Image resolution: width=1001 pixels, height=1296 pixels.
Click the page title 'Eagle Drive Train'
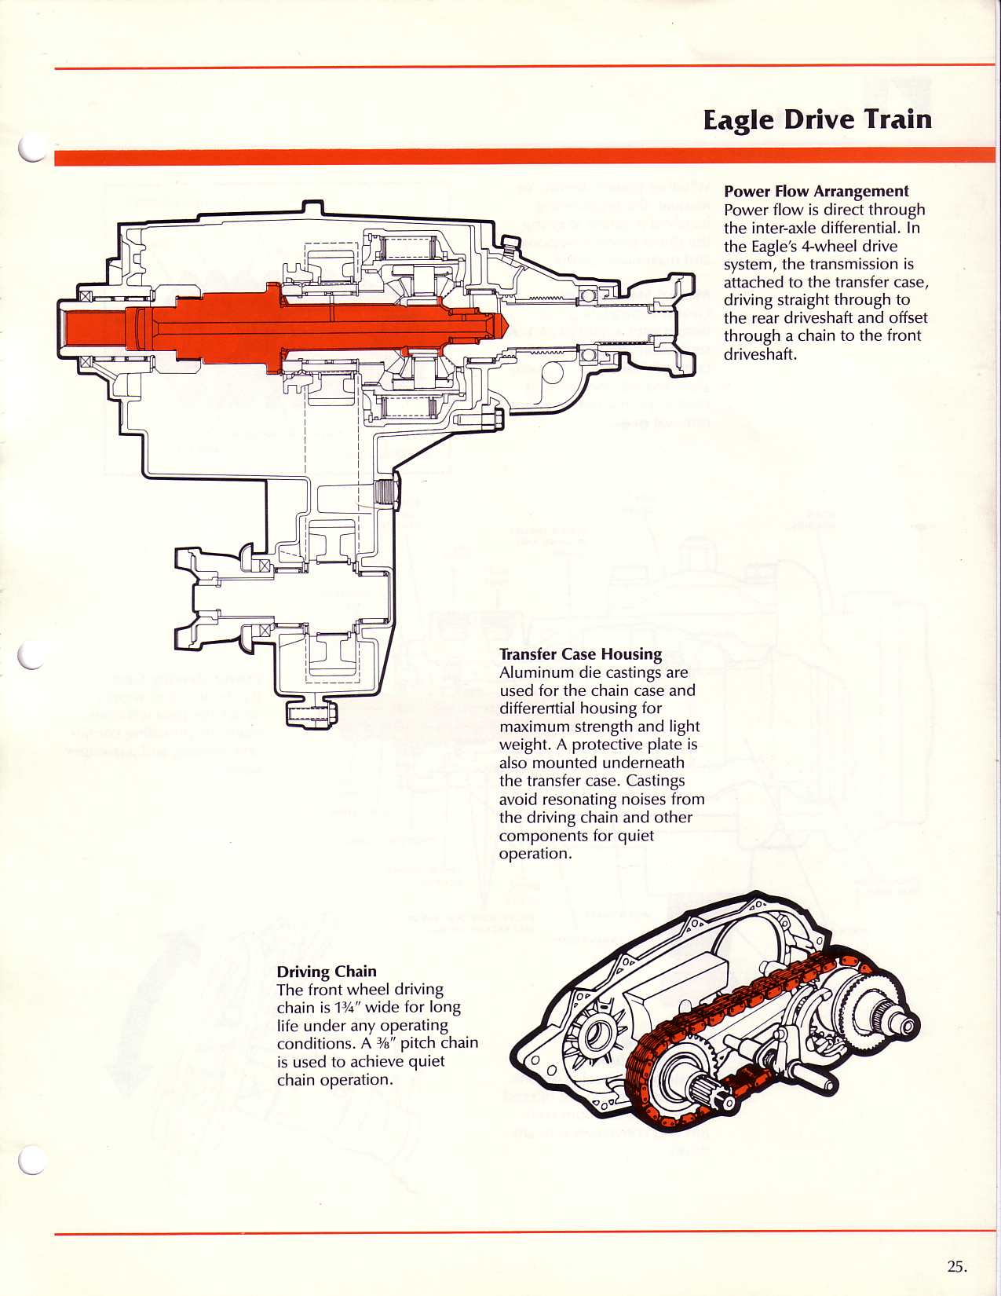tap(817, 119)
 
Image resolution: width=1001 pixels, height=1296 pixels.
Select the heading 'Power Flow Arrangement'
tap(816, 191)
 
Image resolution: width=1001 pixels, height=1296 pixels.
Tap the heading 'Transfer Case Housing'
tap(580, 654)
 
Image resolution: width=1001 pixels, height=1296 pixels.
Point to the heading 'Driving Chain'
tap(327, 972)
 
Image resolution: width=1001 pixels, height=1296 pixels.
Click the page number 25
tap(956, 1266)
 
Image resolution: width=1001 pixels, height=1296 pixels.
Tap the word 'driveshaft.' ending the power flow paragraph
tap(760, 354)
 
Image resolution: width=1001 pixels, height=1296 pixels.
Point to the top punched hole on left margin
tap(31, 147)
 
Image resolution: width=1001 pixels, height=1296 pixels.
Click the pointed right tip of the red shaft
tap(504, 323)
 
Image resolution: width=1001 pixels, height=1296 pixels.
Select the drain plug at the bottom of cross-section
tap(311, 713)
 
